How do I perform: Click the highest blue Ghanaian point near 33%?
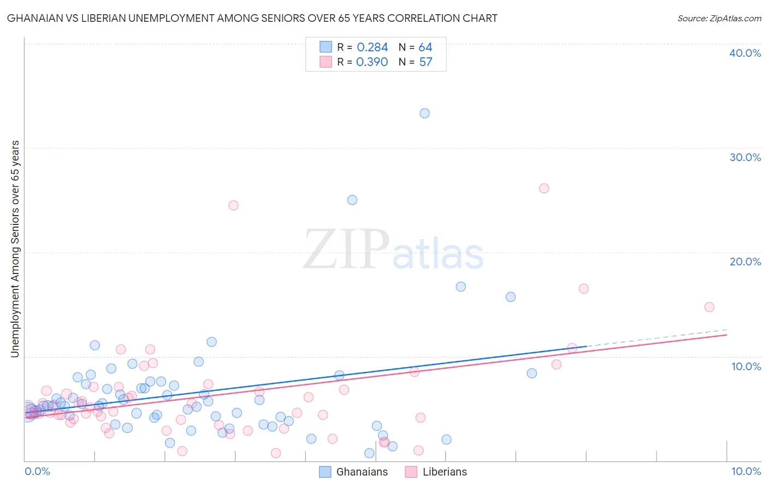coord(424,114)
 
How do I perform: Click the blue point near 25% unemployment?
coord(352,200)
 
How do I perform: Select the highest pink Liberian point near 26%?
coord(544,188)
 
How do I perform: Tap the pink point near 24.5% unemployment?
coord(233,205)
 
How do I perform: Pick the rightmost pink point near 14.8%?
coord(710,307)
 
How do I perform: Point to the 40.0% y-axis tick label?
coord(745,53)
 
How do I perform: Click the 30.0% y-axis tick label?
coord(745,157)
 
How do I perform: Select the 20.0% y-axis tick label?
coord(745,262)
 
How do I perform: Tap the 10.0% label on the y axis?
coord(746,366)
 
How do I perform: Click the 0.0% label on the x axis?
coord(37,472)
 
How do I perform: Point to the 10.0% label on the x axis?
coord(746,472)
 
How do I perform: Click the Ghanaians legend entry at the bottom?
coord(353,472)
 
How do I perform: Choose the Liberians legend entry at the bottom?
coord(436,472)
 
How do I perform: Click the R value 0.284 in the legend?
coord(372,47)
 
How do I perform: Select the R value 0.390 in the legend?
coord(372,62)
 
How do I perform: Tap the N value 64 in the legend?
coord(426,47)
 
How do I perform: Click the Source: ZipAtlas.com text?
coord(719,19)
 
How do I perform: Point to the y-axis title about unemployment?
coord(15,249)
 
